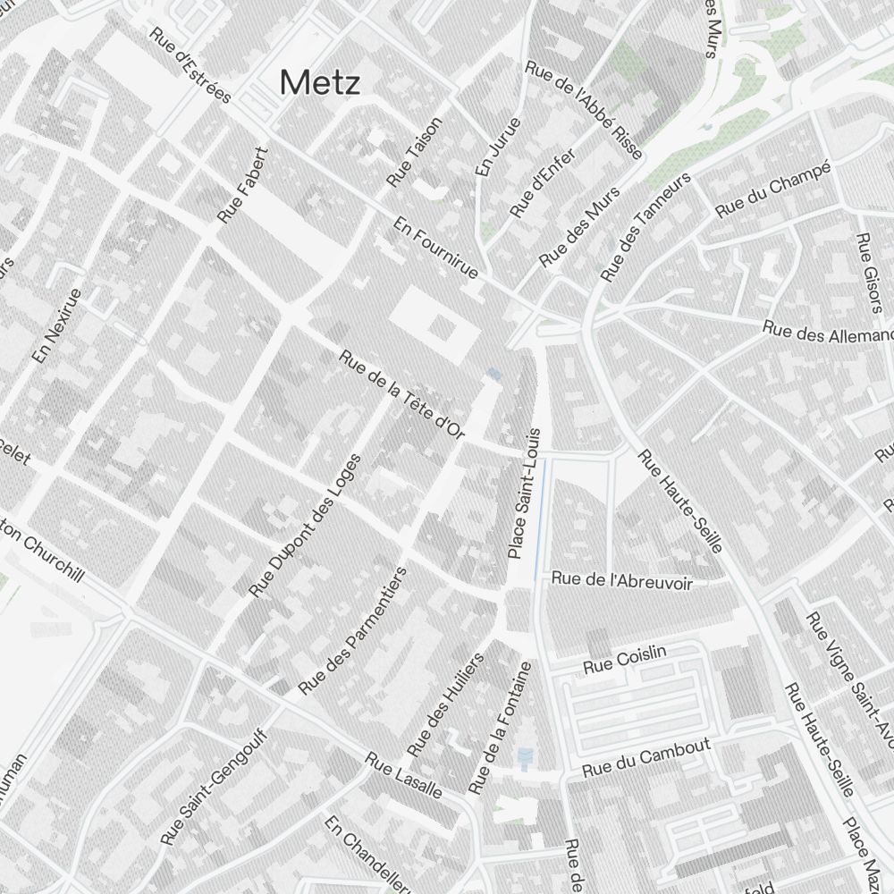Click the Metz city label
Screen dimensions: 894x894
(320, 83)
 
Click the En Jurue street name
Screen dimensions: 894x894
(498, 146)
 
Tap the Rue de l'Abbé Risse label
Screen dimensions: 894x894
(584, 110)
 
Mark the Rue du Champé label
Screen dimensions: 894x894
(773, 189)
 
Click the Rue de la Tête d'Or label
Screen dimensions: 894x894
(402, 394)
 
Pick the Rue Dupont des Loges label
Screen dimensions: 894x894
(305, 526)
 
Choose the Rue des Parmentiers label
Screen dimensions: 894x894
(352, 630)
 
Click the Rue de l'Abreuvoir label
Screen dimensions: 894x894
(622, 578)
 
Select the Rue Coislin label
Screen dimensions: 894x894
(625, 661)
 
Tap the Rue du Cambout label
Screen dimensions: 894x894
(645, 757)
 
